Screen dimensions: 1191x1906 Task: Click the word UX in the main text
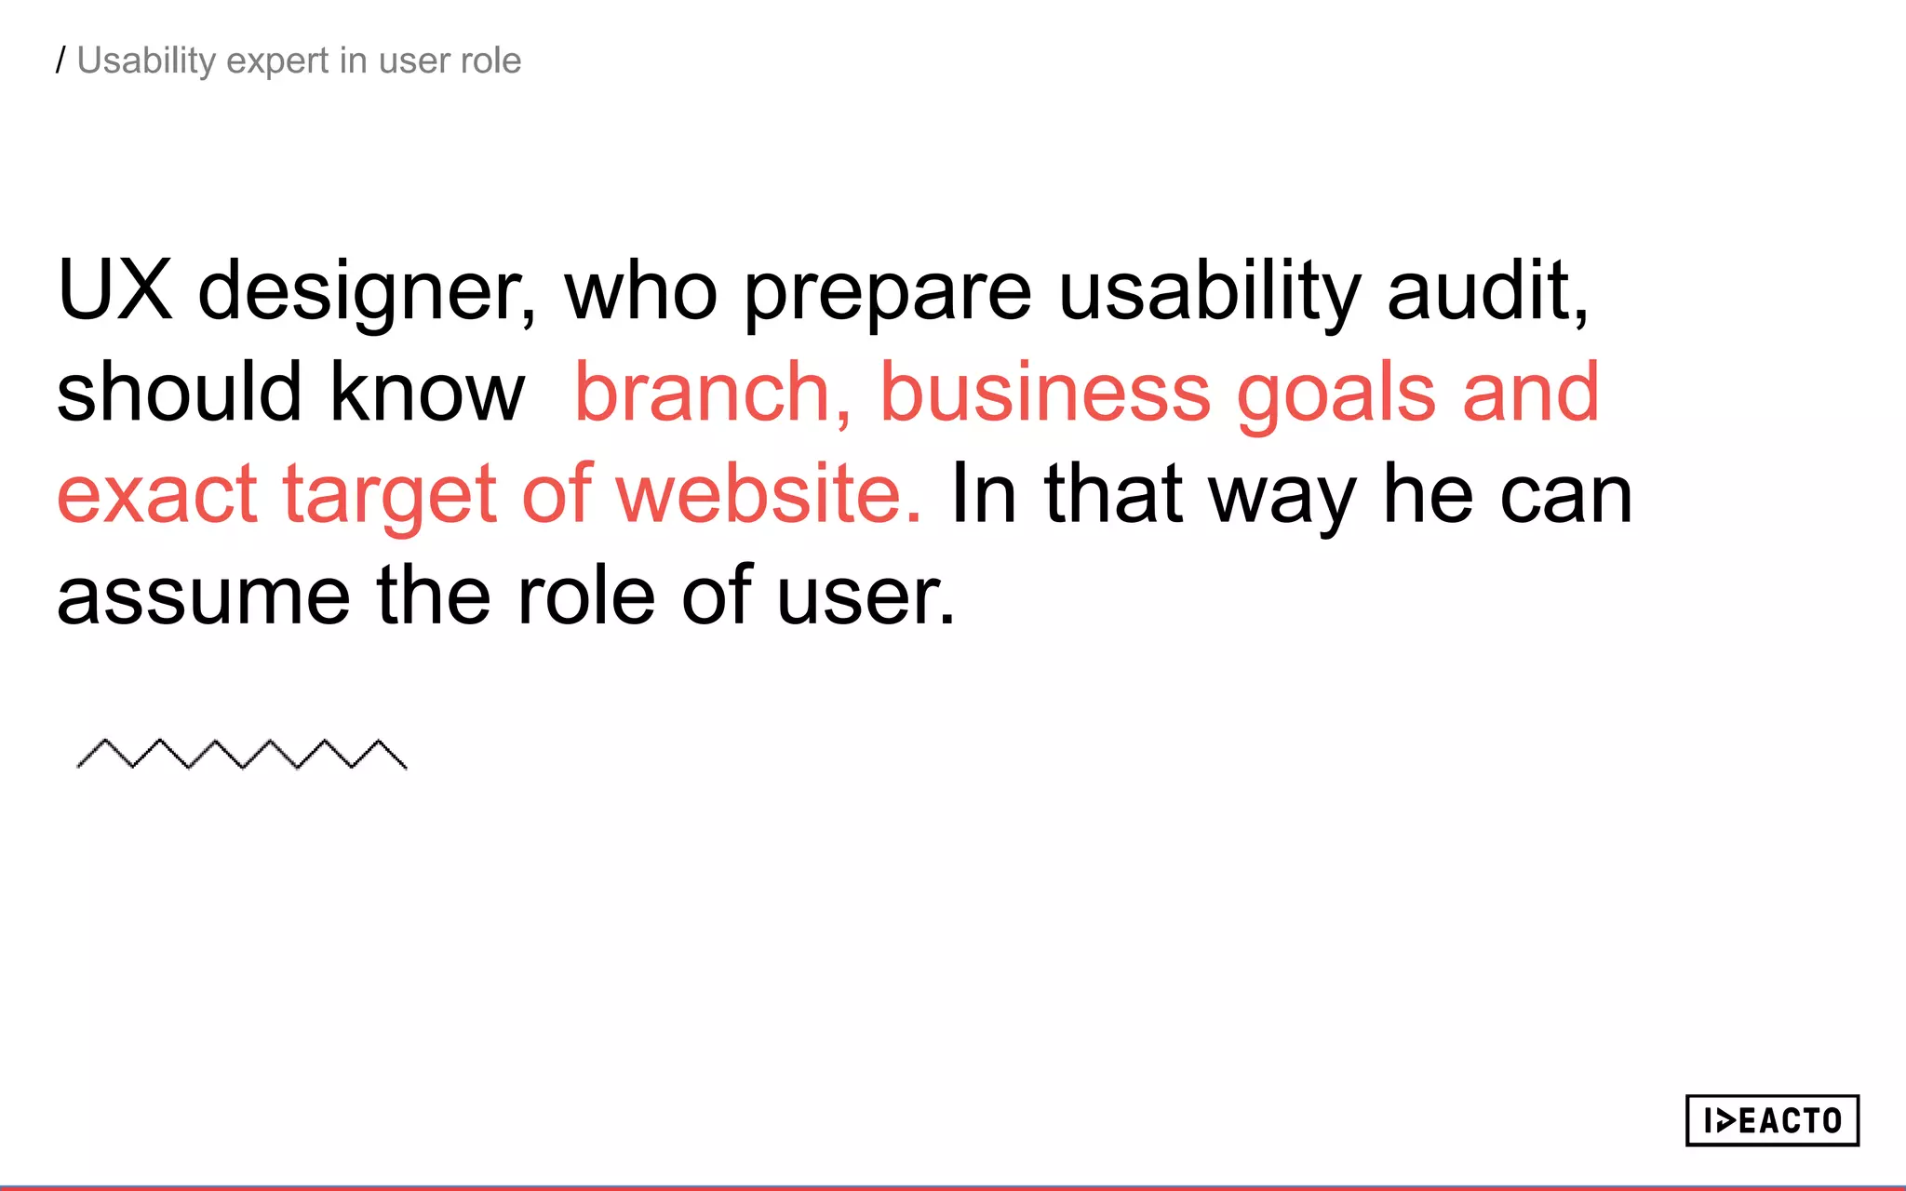pyautogui.click(x=114, y=290)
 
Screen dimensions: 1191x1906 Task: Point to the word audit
pyautogui.click(x=1486, y=290)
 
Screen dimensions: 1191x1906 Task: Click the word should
pyautogui.click(x=180, y=392)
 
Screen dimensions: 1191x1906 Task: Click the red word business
pyautogui.click(x=1045, y=392)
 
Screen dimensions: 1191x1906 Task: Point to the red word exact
pyautogui.click(x=157, y=494)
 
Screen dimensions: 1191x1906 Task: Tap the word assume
pyautogui.click(x=204, y=596)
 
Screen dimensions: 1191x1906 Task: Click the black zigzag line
pyautogui.click(x=241, y=755)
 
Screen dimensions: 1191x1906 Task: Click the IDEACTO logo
pyautogui.click(x=1771, y=1120)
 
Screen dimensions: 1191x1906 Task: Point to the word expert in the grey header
pyautogui.click(x=277, y=62)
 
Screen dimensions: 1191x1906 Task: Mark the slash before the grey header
pyautogui.click(x=60, y=60)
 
